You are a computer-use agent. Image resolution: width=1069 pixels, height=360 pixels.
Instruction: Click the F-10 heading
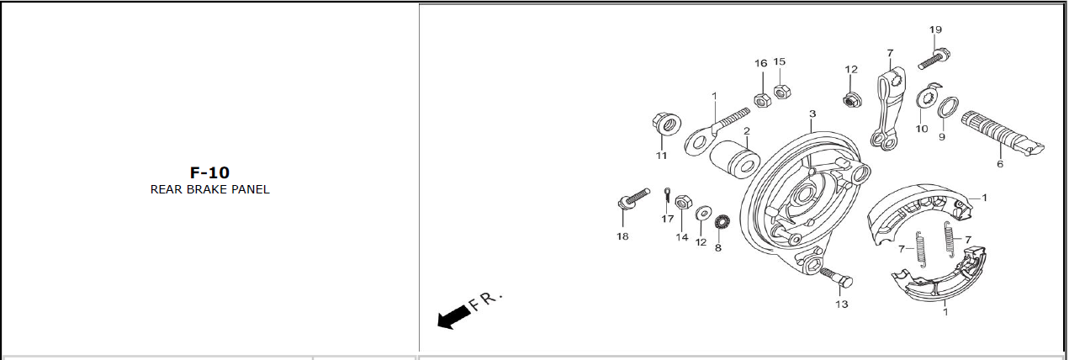click(209, 172)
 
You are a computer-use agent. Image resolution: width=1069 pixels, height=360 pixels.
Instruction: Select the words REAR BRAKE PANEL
click(210, 189)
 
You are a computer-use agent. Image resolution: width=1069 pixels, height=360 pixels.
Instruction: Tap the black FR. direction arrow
click(453, 317)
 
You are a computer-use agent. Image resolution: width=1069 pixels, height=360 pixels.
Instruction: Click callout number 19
click(935, 29)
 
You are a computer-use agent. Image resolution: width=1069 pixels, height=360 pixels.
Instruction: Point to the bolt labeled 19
click(933, 59)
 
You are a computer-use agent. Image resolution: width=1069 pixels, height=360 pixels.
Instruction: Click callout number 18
click(622, 236)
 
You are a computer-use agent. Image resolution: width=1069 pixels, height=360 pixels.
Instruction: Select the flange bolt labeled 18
click(633, 199)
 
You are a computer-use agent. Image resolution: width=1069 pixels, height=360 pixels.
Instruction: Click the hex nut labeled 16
click(762, 100)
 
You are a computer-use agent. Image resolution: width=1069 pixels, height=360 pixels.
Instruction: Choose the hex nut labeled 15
click(781, 91)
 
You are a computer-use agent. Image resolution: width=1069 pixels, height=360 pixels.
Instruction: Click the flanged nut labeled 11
click(666, 124)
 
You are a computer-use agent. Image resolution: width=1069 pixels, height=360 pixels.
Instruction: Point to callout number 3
click(812, 114)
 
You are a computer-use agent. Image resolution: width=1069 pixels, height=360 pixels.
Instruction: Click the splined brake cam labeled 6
click(1003, 135)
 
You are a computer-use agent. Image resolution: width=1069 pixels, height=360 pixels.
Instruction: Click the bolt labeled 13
click(837, 278)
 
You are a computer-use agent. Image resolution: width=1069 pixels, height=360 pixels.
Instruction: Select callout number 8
click(717, 248)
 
